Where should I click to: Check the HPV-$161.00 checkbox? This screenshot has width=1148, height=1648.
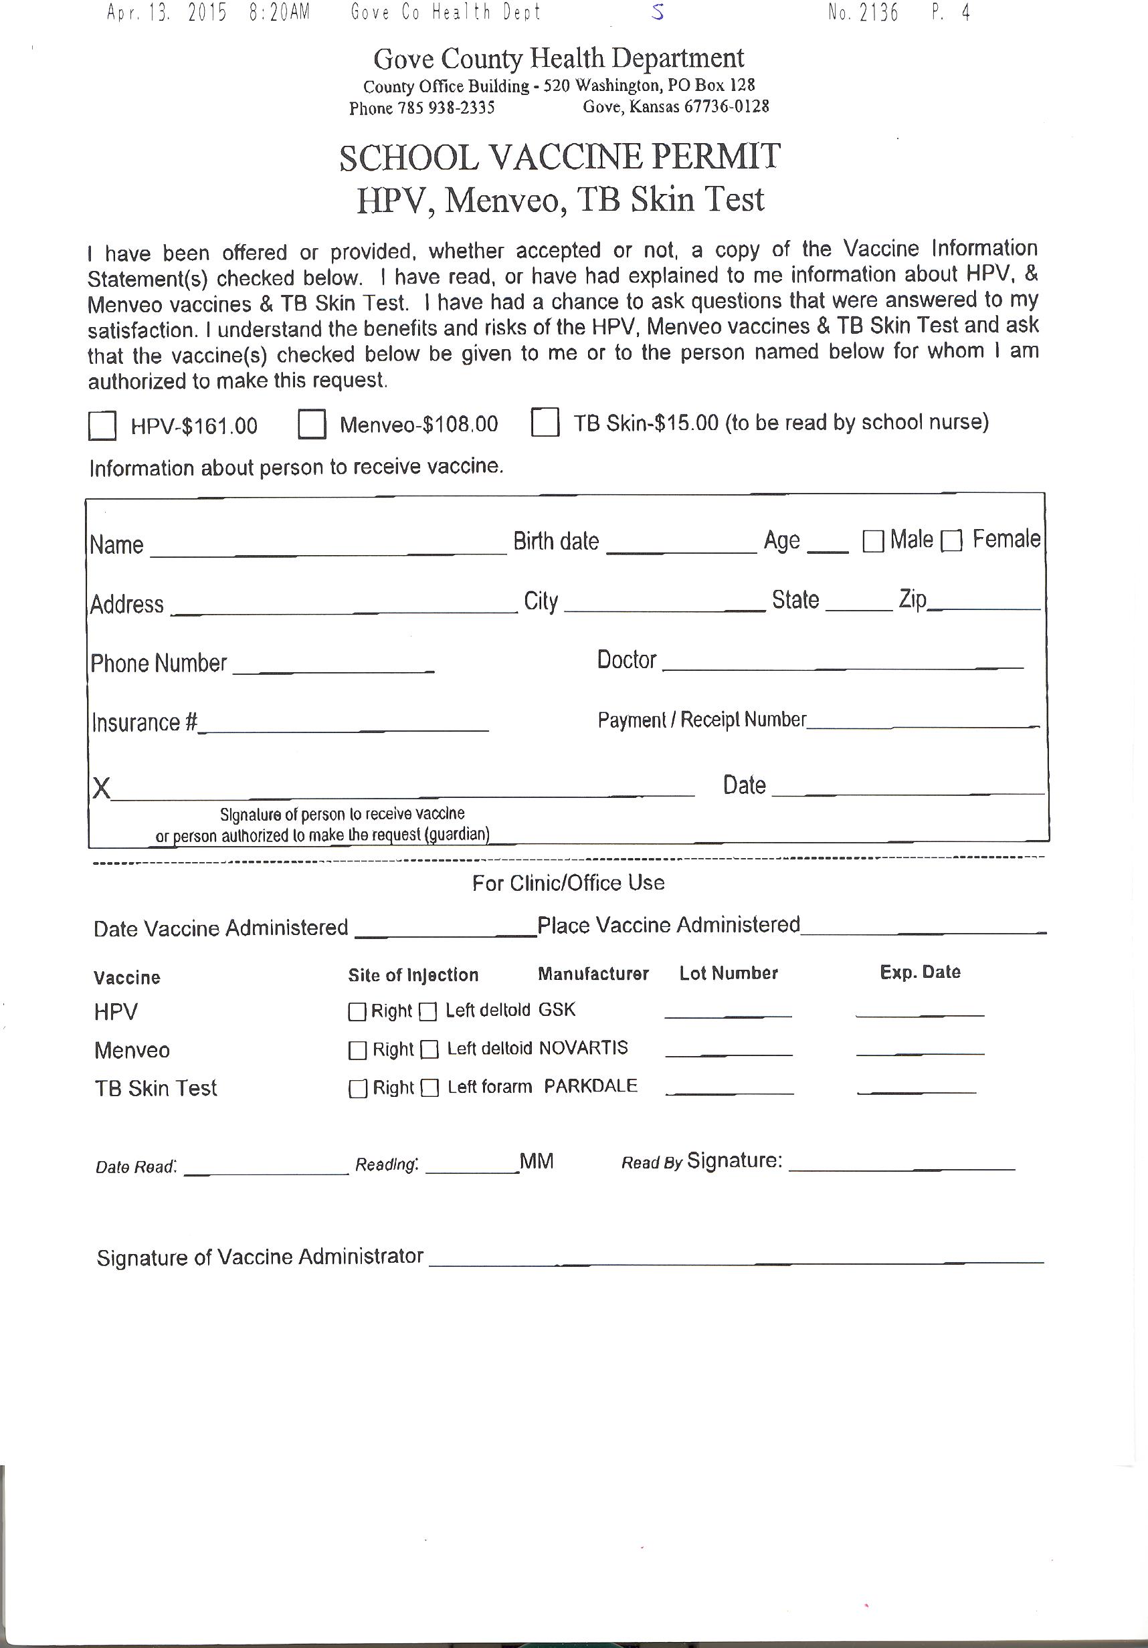(102, 425)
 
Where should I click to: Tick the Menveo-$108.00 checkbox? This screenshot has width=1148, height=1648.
(312, 423)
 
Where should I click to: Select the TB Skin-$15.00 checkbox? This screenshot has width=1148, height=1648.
(545, 422)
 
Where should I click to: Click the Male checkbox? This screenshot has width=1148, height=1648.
(873, 541)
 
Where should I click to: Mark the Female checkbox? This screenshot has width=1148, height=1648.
(951, 540)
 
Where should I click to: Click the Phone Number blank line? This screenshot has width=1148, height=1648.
(334, 668)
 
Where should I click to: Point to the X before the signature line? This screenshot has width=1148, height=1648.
(101, 788)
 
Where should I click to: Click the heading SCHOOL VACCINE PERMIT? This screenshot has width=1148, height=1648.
(559, 157)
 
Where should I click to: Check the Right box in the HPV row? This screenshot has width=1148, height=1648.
(357, 1012)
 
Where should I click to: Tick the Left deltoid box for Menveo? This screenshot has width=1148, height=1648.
(429, 1050)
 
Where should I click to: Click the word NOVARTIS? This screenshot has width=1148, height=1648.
(583, 1048)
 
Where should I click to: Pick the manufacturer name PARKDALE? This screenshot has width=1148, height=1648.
(590, 1086)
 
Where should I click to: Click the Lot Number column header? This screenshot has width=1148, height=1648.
(728, 973)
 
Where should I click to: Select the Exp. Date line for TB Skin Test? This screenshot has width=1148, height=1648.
(917, 1092)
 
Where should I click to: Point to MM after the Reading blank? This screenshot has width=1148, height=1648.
(537, 1161)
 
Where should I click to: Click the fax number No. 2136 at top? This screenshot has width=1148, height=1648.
(863, 13)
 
